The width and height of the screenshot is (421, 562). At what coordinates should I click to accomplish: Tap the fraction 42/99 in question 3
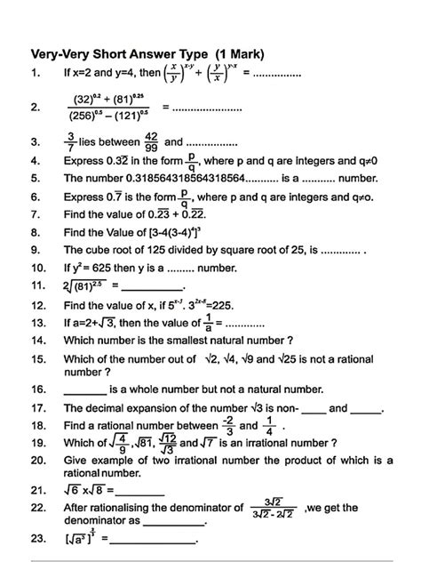153,140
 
